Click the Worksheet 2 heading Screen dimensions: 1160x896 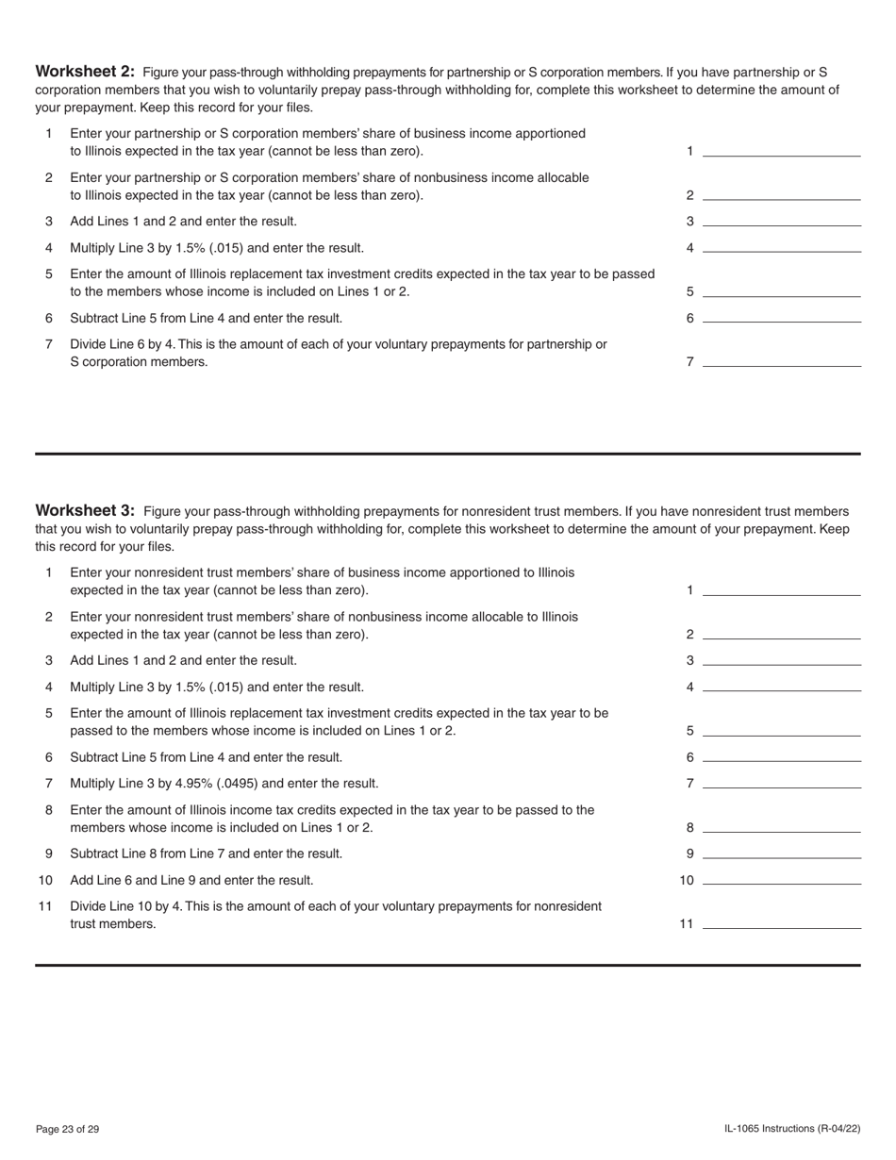point(85,72)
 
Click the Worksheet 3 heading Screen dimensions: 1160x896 point(85,511)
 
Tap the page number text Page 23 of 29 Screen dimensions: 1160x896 point(67,1129)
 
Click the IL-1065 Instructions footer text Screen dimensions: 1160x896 point(792,1129)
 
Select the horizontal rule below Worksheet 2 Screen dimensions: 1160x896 point(448,454)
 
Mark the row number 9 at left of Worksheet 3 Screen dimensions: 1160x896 point(48,853)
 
